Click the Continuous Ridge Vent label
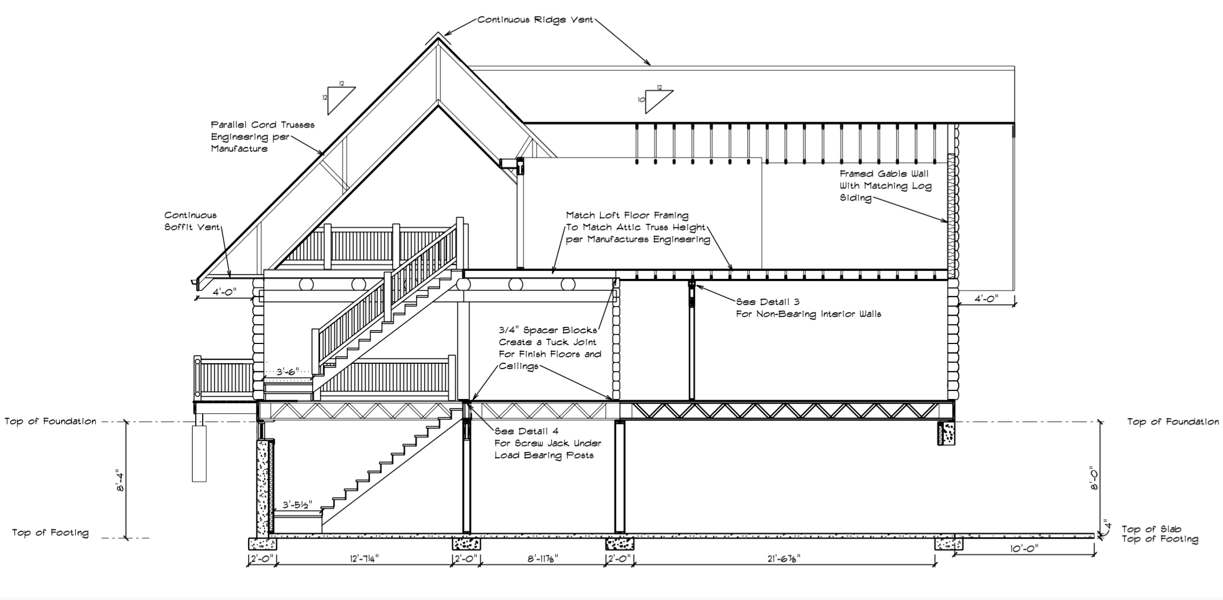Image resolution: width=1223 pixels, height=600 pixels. (x=535, y=20)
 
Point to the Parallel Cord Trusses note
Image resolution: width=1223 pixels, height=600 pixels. (x=263, y=137)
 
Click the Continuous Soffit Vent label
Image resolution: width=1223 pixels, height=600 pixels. (x=192, y=221)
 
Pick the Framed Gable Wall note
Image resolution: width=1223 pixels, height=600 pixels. (x=885, y=186)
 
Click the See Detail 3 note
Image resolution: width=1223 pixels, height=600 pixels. (x=808, y=308)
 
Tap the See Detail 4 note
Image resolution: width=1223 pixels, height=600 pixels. (x=547, y=443)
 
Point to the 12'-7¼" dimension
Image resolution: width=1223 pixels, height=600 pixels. (x=365, y=559)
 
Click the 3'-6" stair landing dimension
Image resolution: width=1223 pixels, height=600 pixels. (x=288, y=371)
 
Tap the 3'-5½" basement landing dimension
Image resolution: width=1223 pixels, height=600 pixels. (x=297, y=504)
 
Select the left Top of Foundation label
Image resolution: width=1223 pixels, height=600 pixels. (x=51, y=421)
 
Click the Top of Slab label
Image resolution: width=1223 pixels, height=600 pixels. (x=1151, y=529)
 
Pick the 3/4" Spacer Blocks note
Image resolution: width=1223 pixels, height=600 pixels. (x=550, y=348)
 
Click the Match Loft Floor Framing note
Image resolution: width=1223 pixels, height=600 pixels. (x=638, y=227)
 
